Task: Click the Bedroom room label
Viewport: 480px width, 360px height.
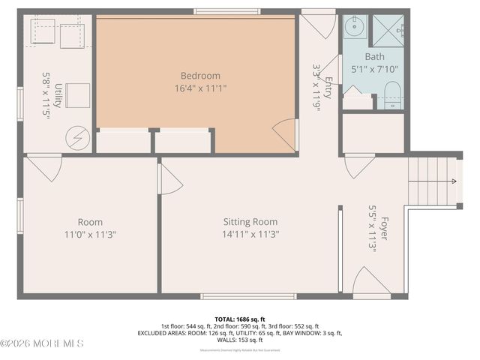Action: pos(200,76)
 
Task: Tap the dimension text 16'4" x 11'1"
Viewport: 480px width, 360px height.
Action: pos(200,88)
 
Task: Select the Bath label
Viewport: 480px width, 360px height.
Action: pos(374,57)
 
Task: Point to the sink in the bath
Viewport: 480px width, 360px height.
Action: pos(355,27)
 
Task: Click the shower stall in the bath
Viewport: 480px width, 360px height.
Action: pos(388,29)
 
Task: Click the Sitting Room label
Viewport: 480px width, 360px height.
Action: pos(250,222)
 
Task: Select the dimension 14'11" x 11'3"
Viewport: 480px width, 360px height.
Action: pos(250,234)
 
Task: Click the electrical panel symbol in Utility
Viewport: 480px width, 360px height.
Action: pos(77,137)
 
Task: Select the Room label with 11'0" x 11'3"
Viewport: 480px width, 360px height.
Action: pos(90,222)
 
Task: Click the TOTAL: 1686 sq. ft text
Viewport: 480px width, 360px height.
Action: pos(239,319)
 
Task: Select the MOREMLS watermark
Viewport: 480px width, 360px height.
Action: pos(42,343)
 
